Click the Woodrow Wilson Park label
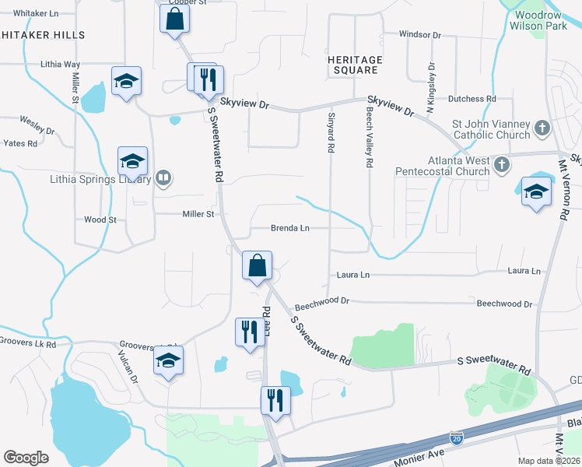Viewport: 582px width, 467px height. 535,20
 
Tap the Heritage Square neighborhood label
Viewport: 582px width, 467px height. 355,65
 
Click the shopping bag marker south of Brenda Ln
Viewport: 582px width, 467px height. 256,266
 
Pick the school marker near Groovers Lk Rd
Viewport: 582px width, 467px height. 167,360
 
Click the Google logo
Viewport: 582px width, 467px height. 26,458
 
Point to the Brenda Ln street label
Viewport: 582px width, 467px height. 290,228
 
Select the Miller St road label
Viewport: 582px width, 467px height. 198,214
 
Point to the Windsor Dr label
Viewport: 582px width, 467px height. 419,35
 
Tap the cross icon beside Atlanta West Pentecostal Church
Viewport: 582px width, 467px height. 503,164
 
